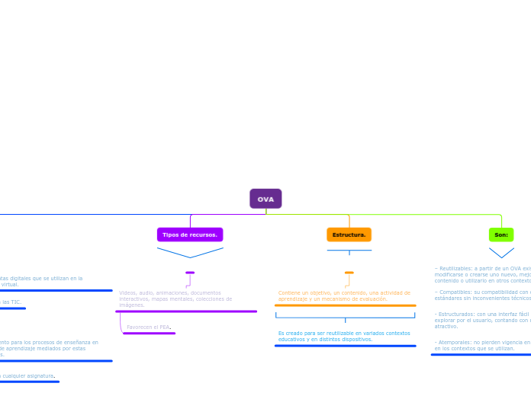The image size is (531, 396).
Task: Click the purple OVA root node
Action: (265, 199)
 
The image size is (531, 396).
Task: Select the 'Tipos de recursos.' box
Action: (190, 235)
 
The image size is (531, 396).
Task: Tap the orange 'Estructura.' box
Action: (349, 235)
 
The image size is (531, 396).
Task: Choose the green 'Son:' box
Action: (501, 235)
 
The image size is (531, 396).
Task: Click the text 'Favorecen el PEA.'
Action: (148, 327)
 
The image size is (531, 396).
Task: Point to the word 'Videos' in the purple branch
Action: (127, 292)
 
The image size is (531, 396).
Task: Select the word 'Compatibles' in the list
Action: (455, 292)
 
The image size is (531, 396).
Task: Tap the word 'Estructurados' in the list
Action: (458, 314)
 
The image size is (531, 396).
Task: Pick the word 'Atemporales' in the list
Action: (456, 343)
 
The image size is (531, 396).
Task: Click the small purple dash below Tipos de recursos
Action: (190, 272)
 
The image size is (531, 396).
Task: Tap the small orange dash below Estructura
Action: (349, 272)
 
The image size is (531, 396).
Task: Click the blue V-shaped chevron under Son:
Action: (501, 252)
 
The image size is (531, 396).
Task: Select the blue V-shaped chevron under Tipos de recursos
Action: (190, 253)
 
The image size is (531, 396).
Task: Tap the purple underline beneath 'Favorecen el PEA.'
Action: (149, 333)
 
